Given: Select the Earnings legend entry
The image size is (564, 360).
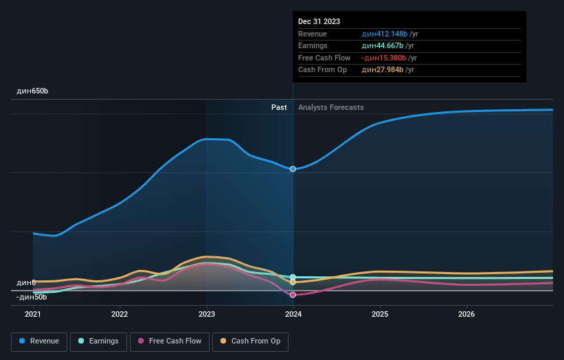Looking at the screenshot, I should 98,341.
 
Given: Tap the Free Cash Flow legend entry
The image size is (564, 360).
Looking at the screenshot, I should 169,341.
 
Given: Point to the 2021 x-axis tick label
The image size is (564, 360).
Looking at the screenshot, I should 33,315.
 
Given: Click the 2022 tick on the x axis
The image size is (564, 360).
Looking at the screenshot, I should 120,315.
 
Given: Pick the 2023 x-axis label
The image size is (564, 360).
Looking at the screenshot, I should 206,315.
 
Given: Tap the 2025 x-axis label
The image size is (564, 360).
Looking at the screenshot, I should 380,315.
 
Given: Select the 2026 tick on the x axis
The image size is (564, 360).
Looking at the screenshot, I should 466,315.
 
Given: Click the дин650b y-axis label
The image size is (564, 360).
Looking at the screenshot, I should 32,91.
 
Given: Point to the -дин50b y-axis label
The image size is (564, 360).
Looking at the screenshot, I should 32,297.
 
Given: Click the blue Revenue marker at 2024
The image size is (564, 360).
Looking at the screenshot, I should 293,169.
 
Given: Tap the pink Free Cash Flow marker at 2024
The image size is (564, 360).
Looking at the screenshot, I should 293,295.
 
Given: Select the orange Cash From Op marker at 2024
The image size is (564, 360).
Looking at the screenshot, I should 293,282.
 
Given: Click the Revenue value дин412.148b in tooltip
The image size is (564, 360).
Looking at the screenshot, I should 385,34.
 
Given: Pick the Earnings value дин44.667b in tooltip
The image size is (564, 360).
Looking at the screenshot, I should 383,46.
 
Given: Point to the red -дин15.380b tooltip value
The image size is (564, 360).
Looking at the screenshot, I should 384,58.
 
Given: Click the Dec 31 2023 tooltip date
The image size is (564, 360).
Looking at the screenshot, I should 319,22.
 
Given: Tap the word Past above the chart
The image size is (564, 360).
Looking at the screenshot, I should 279,107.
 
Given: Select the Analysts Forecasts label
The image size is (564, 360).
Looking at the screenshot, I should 331,107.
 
